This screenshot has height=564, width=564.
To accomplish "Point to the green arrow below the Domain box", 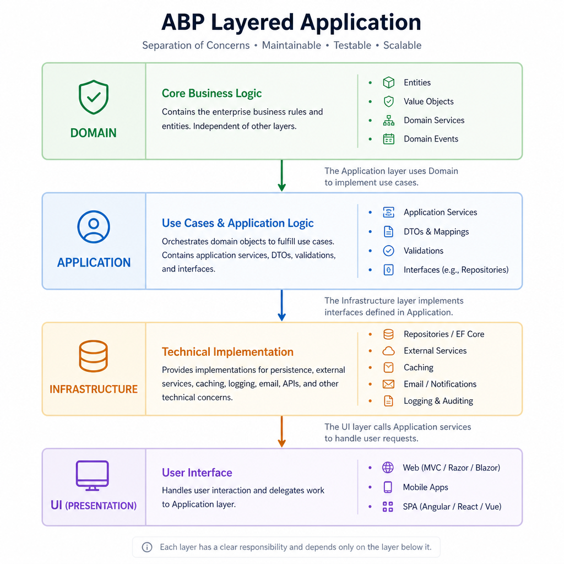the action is coord(281,176).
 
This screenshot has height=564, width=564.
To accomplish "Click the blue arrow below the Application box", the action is coord(281,305).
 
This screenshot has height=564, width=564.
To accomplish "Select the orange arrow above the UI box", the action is coord(281,432).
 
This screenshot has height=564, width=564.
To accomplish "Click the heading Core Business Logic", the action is coord(211,94).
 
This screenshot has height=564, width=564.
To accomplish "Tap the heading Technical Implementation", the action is coord(227,352).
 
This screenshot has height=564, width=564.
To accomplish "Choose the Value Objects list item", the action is coord(429,101).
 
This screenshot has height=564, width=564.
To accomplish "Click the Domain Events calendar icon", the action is coord(388,139).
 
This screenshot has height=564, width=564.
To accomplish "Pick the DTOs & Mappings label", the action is coord(436,232).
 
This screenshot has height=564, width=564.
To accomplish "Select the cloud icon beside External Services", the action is coord(388,351).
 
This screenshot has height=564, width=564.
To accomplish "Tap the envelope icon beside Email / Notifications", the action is coord(388,384).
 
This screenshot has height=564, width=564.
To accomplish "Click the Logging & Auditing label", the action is coord(438,401).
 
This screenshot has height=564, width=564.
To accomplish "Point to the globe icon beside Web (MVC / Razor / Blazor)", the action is coord(388,468).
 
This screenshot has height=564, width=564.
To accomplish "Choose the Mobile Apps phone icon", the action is coord(388,487).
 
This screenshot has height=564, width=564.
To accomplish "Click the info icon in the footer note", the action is coord(147,547).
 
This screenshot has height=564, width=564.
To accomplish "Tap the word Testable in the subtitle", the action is coord(352,45).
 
